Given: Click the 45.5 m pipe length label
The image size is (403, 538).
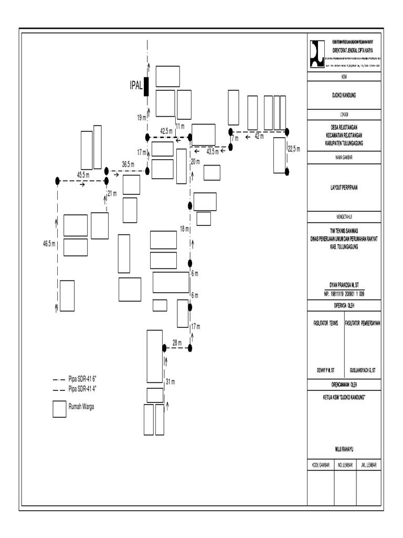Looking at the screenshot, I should [x=83, y=174].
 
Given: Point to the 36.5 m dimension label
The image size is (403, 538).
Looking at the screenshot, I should [x=129, y=164].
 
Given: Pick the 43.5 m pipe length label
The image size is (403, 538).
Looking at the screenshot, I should [x=214, y=151].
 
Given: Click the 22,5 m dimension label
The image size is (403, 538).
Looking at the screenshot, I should [x=294, y=149].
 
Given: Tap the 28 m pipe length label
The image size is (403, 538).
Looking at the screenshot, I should [x=177, y=343].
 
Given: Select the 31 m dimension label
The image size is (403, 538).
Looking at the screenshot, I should [x=170, y=381].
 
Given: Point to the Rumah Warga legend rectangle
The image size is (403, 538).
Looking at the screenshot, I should [x=59, y=409].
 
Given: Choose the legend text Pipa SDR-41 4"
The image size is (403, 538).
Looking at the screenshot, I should [x=86, y=388].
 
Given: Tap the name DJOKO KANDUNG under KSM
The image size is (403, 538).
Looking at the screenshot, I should [x=344, y=96].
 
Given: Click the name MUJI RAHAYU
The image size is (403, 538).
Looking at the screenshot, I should [x=344, y=450].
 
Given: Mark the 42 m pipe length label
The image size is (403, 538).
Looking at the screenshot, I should [x=259, y=136].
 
